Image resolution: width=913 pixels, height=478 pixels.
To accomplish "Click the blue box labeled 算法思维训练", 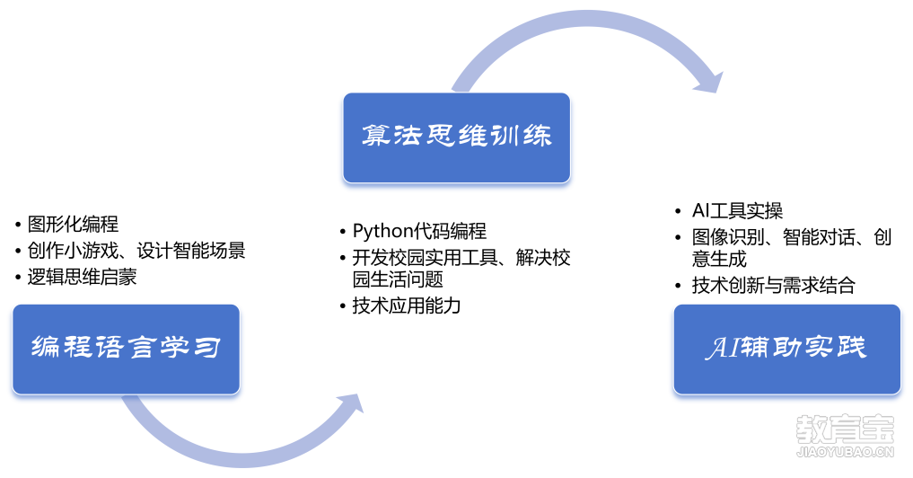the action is coord(456,137).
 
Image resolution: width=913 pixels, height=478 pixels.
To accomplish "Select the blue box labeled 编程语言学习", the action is coord(126,350).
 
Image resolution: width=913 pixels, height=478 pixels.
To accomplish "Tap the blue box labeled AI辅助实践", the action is coord(787,350).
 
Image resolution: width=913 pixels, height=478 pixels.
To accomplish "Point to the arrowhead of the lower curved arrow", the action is coord(350,403).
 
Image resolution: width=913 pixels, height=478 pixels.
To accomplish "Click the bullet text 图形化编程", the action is coord(73,224).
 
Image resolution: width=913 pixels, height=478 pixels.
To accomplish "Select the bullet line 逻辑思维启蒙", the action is coord(82,277).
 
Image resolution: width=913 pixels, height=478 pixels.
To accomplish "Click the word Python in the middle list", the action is coord(382,232).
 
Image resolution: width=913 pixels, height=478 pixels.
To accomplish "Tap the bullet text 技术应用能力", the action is coord(407,305).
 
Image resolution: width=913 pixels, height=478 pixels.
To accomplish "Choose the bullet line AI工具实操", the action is coord(737,210).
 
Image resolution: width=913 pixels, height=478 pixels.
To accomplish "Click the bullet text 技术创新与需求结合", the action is coord(773,285).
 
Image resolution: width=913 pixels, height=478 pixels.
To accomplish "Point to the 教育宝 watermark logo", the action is coord(845,429).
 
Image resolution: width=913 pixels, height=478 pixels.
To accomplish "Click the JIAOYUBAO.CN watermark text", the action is coord(845,452).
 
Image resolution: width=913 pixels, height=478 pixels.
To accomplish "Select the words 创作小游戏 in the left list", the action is coord(73,251).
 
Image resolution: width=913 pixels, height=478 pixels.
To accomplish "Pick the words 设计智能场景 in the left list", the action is coord(191,251).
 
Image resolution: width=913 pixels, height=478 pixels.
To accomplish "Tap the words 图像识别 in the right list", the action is coord(728,237).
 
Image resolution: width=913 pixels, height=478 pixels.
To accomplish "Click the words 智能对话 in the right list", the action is coord(819,237).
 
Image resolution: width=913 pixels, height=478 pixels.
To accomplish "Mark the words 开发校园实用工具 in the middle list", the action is coord(425,258).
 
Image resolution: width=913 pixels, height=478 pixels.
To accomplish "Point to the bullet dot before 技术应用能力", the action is coord(343,306).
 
